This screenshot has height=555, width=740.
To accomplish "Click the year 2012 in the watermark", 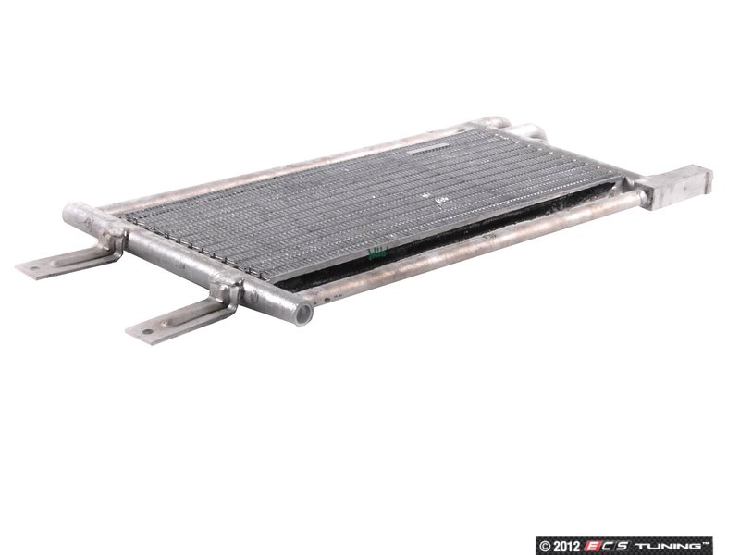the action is tap(566, 546).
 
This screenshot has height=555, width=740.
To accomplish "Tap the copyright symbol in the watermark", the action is tap(545, 546).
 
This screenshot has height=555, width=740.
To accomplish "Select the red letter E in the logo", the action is tap(592, 546).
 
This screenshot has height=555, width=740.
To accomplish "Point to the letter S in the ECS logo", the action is tap(623, 546).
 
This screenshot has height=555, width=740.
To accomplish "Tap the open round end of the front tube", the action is tap(304, 314).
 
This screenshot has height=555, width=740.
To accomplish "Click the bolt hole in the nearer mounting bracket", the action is tap(148, 331).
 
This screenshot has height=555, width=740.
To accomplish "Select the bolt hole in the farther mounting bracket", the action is tap(34, 268).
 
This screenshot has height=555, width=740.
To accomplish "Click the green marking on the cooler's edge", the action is tap(376, 253).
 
